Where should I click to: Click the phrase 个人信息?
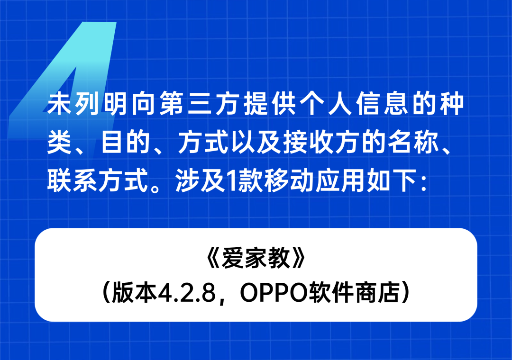point(354,104)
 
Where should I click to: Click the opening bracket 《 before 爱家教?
point(213,258)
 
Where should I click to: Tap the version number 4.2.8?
point(186,292)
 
